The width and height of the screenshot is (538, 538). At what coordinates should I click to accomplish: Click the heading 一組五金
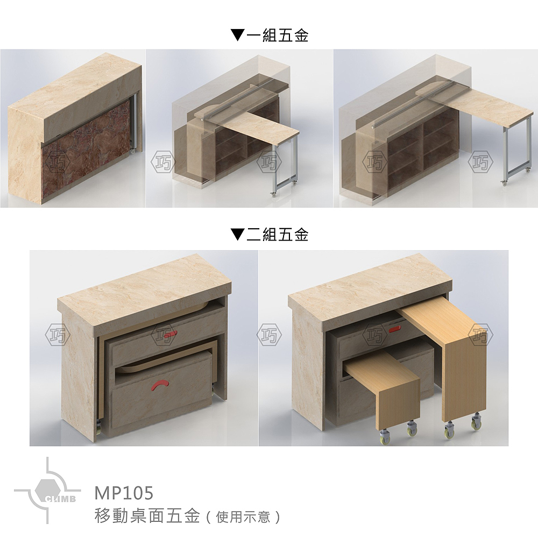coord(277,36)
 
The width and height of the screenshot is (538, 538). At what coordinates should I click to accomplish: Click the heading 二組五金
coord(277,235)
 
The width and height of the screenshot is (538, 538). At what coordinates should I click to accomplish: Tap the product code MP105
coord(124,493)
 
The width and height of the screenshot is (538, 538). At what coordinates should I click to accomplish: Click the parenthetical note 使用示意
coord(243,518)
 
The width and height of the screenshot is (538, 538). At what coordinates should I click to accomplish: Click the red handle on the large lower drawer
coord(161,384)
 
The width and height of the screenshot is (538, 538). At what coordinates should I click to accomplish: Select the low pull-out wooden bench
coord(382,382)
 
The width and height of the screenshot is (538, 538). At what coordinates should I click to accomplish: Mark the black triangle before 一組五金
coord(237,36)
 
